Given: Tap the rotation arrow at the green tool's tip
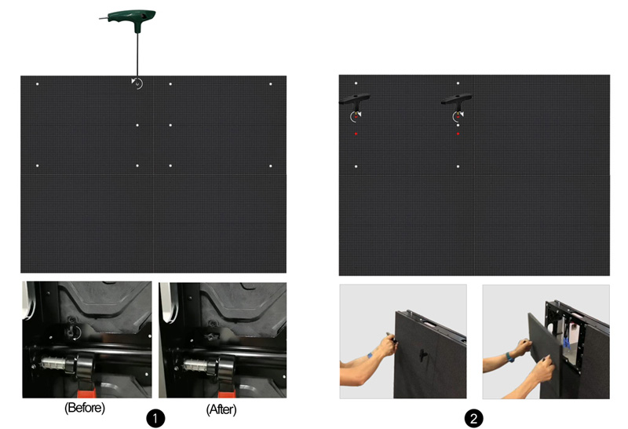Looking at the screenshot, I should click(x=137, y=82).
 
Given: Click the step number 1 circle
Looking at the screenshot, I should click(x=157, y=418).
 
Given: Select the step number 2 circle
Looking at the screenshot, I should click(x=473, y=418).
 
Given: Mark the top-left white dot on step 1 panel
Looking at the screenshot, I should click(x=37, y=84).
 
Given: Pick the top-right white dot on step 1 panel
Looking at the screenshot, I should click(x=271, y=84).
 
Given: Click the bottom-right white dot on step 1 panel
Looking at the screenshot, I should click(x=271, y=166).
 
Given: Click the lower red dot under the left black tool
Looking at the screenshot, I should click(x=356, y=134).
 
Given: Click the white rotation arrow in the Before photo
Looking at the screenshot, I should click(x=76, y=332).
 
